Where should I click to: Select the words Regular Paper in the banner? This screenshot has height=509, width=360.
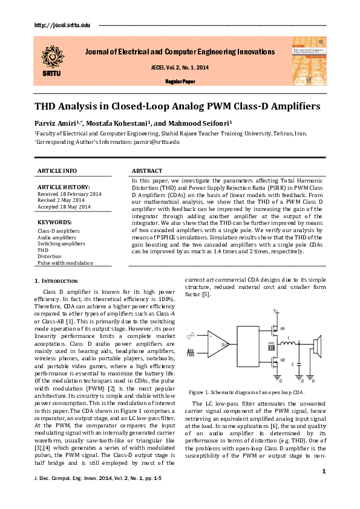[180, 80]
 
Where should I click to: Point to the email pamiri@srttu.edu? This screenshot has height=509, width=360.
[156, 141]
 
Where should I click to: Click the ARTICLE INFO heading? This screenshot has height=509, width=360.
[57, 171]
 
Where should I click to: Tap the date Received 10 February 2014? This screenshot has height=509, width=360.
[70, 193]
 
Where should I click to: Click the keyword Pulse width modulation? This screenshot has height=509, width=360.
[65, 263]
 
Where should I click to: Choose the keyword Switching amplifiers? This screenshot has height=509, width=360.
[61, 244]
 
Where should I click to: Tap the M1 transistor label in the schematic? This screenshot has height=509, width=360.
[282, 329]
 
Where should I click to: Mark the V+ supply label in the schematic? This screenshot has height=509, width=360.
[275, 311]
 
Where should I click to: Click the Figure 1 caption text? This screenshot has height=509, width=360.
[246, 392]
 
